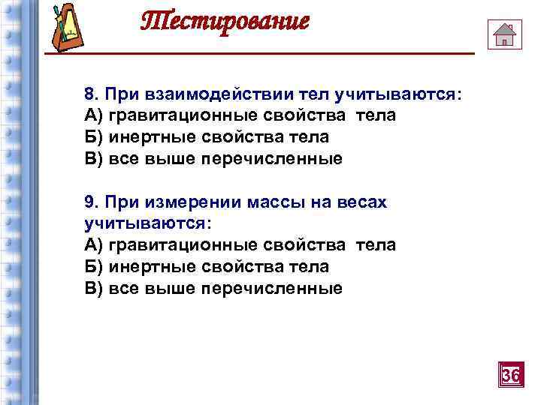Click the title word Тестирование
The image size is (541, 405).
click(x=225, y=22)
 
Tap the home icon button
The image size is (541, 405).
click(x=504, y=34)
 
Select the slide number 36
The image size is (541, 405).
click(x=510, y=373)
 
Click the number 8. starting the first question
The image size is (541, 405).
click(x=92, y=95)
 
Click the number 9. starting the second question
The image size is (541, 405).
click(x=92, y=202)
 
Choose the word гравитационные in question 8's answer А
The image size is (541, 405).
click(x=183, y=116)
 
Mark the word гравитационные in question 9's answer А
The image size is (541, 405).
click(x=183, y=245)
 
